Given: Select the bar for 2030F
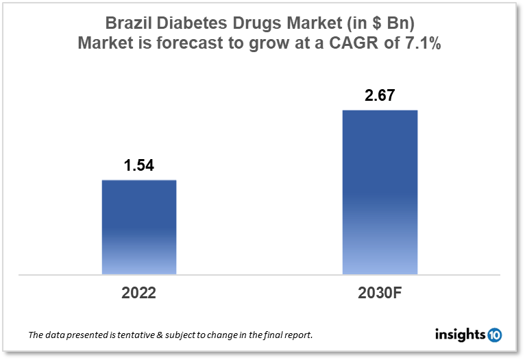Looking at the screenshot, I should (380, 192).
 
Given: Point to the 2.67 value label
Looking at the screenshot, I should (380, 95).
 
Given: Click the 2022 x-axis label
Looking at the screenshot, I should (139, 293).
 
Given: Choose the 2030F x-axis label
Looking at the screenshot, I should (380, 293).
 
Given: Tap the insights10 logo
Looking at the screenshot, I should (468, 335).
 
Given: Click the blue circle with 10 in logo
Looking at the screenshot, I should (493, 335).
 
